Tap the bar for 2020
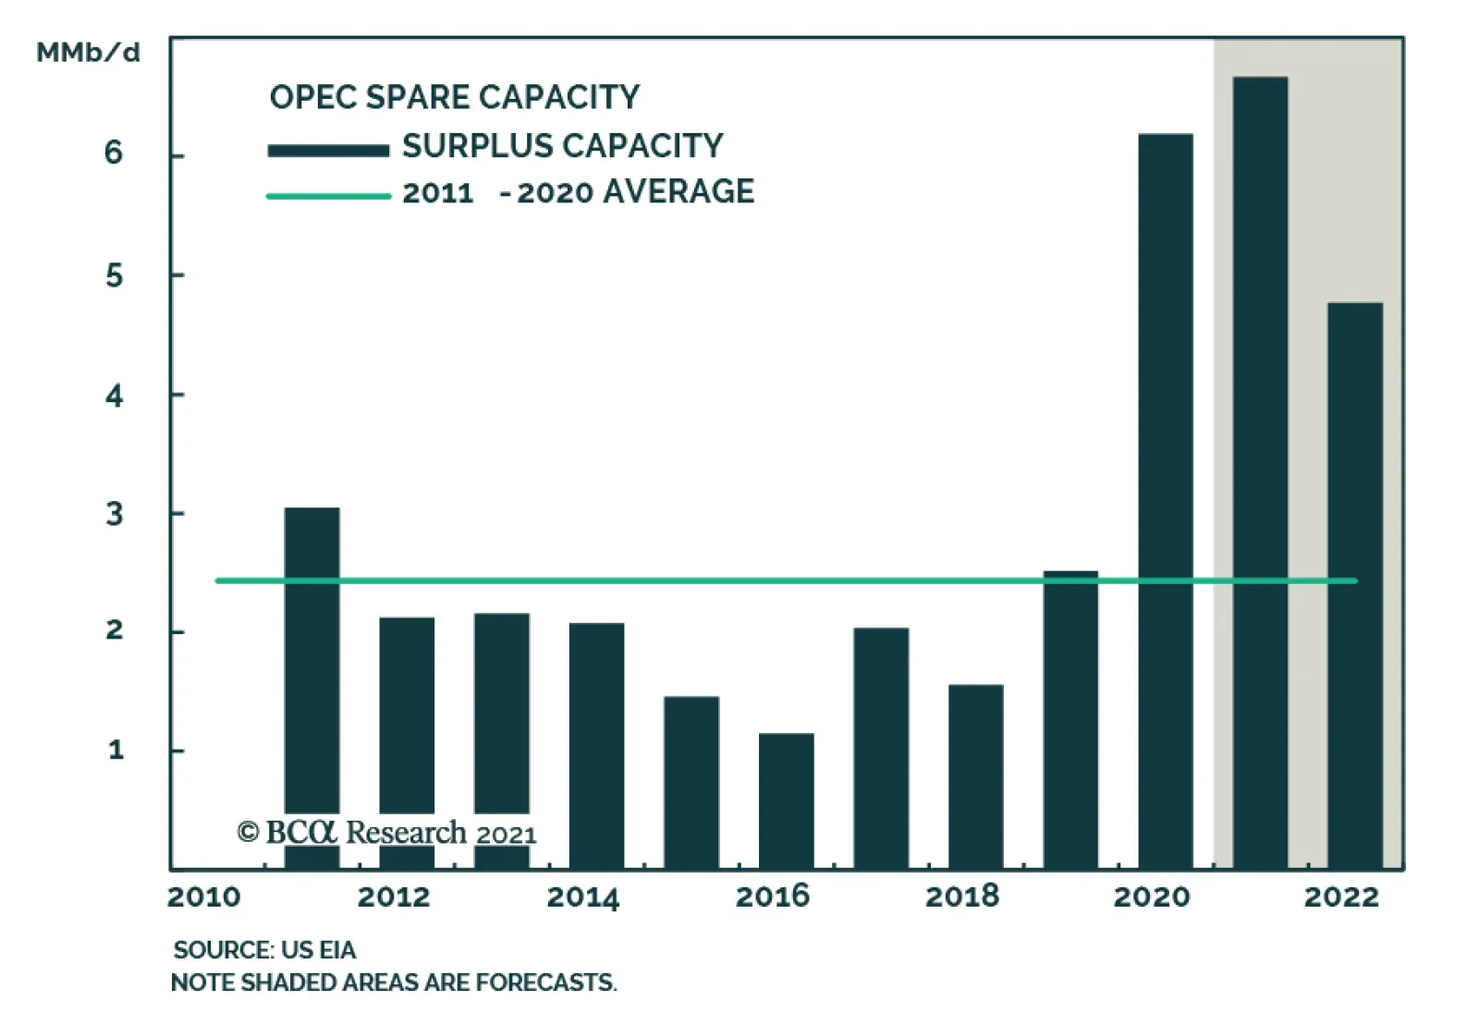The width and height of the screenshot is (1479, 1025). click(x=1166, y=499)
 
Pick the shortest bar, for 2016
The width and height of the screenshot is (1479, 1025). click(x=787, y=800)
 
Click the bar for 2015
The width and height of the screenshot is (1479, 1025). click(x=691, y=782)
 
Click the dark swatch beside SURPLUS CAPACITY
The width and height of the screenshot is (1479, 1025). click(x=328, y=150)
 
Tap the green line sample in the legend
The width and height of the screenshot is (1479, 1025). click(x=328, y=196)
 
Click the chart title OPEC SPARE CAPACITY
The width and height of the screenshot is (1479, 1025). click(x=454, y=97)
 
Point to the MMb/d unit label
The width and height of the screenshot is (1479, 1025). click(x=88, y=53)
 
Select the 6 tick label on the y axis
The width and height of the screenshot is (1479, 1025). click(x=114, y=153)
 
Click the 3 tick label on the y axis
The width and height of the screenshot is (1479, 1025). click(x=114, y=514)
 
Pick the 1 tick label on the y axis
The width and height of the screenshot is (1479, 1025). click(x=115, y=750)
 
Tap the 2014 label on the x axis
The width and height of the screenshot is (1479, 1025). click(x=583, y=897)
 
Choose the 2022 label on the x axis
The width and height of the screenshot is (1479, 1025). click(x=1341, y=897)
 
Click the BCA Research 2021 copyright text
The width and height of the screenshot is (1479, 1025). click(x=386, y=833)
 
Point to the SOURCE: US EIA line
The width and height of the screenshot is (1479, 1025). click(x=264, y=950)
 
